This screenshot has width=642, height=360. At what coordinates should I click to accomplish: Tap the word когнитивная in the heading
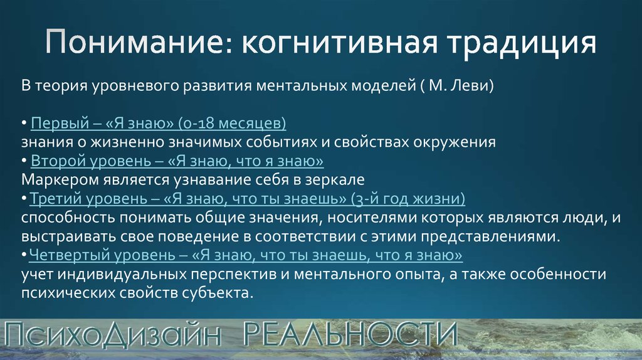(339, 42)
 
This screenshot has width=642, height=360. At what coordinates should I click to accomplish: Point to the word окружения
(455, 142)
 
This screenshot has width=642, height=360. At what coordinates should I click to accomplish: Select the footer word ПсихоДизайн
(113, 334)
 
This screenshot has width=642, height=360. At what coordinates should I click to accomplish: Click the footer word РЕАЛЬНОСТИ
(350, 334)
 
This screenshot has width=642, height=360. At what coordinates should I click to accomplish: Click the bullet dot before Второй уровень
(24, 161)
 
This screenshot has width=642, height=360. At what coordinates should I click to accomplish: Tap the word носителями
(369, 218)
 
